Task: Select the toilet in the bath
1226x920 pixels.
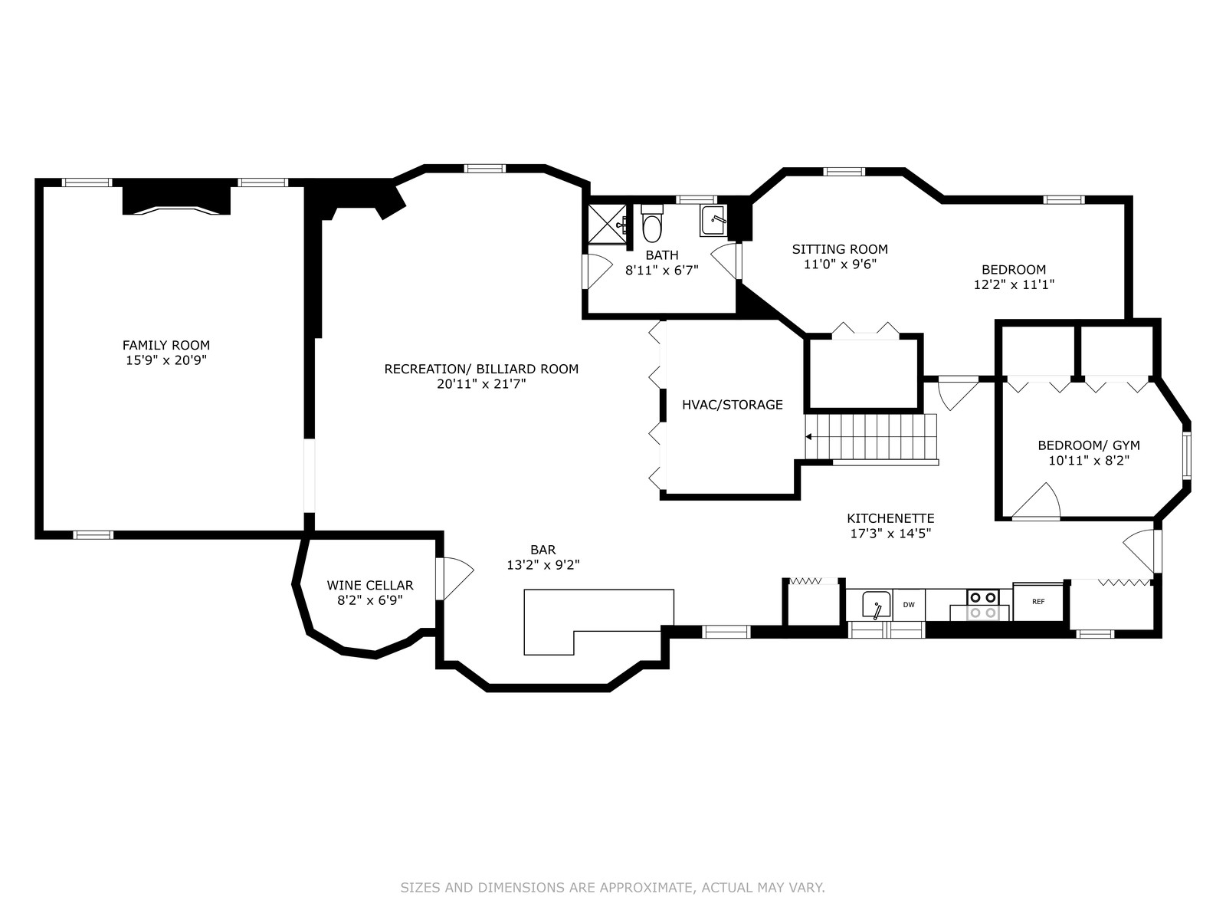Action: [652, 223]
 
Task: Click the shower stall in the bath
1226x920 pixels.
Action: [607, 224]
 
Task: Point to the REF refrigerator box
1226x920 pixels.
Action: [1038, 602]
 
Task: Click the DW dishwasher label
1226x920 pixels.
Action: [909, 604]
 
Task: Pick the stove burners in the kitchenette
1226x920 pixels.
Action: [982, 605]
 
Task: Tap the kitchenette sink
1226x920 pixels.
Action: [876, 605]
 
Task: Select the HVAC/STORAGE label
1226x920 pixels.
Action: [733, 405]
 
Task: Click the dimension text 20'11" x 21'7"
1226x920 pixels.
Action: [481, 384]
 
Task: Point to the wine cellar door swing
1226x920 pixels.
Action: [456, 579]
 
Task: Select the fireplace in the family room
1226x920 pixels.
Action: [176, 200]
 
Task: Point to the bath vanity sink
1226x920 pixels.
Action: [713, 221]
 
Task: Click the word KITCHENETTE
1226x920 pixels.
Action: [890, 518]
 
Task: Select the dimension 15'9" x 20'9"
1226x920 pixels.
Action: [166, 360]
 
